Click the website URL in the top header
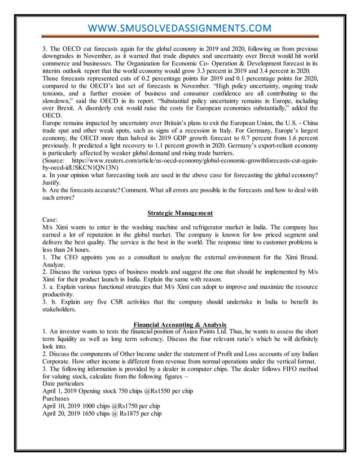[x=179, y=28]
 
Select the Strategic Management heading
[x=179, y=213]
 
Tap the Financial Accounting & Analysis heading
[x=179, y=324]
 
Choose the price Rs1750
[x=108, y=405]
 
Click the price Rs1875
[x=110, y=413]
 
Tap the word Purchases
[x=59, y=397]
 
